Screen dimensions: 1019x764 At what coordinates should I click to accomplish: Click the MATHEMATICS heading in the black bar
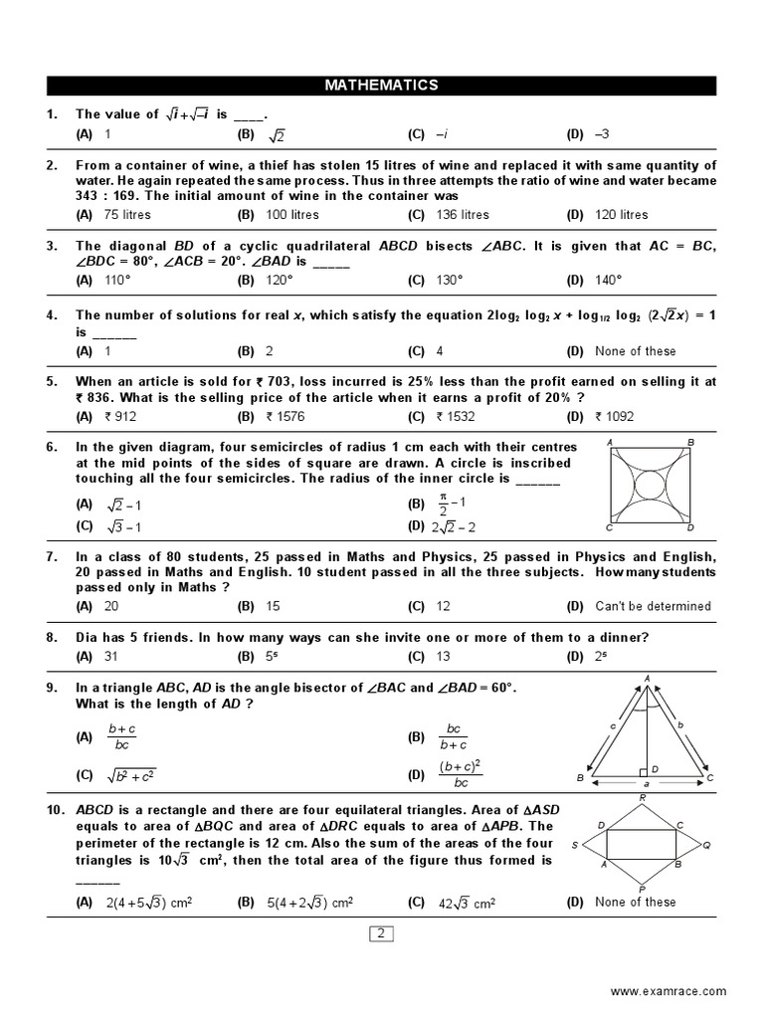[381, 86]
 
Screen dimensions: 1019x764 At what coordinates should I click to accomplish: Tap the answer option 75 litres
[125, 214]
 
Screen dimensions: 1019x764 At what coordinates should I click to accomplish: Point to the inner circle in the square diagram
[651, 485]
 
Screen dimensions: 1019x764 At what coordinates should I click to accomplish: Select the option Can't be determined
[653, 605]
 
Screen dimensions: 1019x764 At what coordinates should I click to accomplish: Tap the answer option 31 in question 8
[111, 656]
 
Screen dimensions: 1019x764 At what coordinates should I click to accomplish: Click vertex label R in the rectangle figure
[644, 797]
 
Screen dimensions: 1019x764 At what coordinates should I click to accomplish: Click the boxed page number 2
[382, 932]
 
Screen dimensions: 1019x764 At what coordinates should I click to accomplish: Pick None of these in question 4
[635, 350]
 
